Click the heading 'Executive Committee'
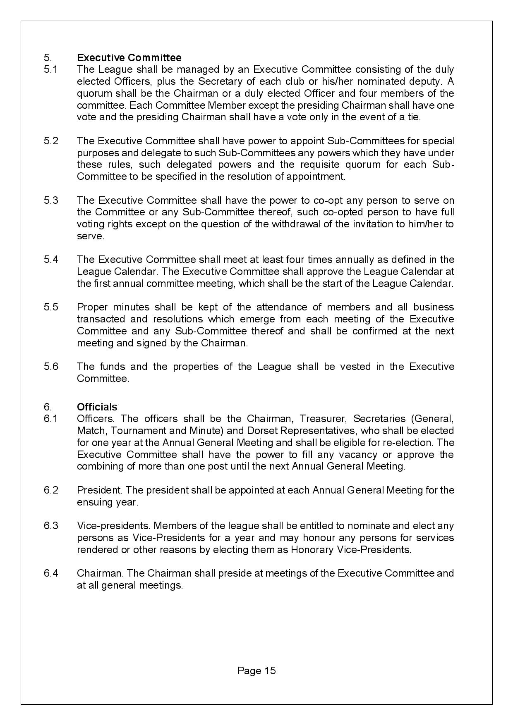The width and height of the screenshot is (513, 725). tap(129, 57)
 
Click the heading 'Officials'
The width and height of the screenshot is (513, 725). tap(97, 407)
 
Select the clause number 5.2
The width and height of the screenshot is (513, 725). tap(51, 141)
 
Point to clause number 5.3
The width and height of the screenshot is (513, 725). tap(51, 200)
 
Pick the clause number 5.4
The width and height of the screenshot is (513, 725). tap(51, 260)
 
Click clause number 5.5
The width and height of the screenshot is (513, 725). tap(51, 308)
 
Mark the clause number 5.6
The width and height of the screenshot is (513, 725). tap(51, 367)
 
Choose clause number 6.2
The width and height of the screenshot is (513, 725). tap(51, 491)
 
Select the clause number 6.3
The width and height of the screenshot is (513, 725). tap(51, 526)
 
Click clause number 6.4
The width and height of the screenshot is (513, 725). tap(51, 574)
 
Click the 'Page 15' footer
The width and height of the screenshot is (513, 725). tap(256, 671)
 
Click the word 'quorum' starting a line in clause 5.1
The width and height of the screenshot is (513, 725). tap(93, 93)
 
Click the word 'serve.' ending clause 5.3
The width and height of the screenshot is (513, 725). tap(91, 236)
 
